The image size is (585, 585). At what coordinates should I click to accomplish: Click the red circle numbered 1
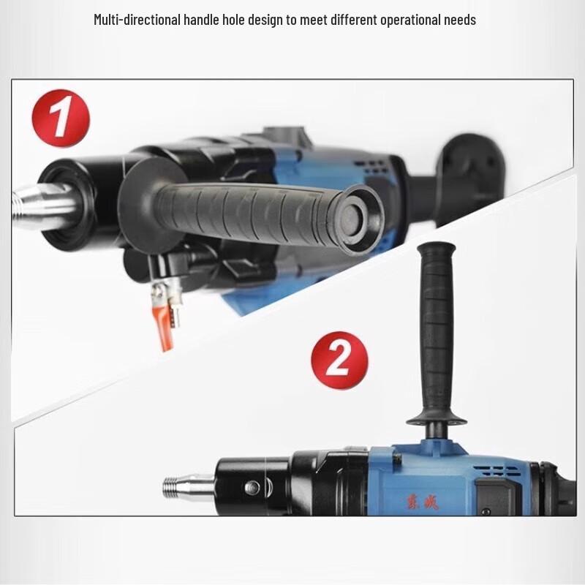60,118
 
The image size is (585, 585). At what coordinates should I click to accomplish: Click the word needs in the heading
460,20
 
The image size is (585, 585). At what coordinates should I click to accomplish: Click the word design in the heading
265,20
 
